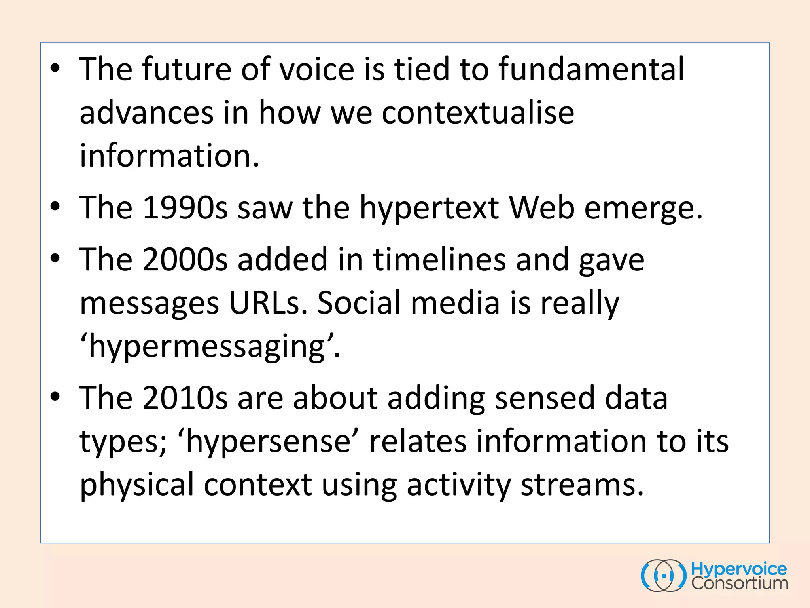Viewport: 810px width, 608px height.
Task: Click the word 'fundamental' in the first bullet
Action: pos(591,69)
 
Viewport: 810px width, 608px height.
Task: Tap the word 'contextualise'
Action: pos(478,113)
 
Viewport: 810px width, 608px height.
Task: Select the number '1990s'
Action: pos(185,207)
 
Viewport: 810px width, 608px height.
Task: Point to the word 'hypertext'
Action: pos(429,208)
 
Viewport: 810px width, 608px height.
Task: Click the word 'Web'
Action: pos(541,207)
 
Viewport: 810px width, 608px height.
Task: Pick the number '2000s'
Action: pos(185,259)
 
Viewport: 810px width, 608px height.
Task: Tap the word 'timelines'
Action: pos(439,259)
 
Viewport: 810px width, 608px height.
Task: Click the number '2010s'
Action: pos(185,398)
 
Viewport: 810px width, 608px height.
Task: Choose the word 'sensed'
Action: pos(545,398)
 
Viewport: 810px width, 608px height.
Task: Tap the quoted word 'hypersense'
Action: pos(269,442)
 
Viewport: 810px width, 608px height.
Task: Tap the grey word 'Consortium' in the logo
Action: pos(740,583)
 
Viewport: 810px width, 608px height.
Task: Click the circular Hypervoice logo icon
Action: pos(664,576)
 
